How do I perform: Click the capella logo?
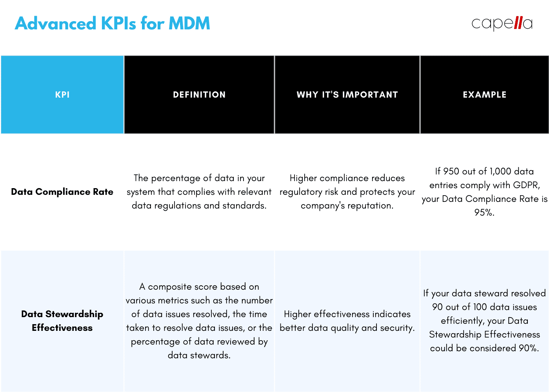pos(502,24)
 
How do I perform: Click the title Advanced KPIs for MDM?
pos(113,24)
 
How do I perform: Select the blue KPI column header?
pos(62,94)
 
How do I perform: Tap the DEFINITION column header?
pos(199,94)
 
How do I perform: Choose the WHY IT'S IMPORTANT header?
pos(347,94)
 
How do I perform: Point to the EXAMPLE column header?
pos(485,94)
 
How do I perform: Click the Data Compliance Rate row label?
pos(62,192)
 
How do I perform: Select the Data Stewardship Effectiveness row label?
pos(62,321)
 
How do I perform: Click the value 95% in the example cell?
pos(484,212)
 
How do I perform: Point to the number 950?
pos(451,171)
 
